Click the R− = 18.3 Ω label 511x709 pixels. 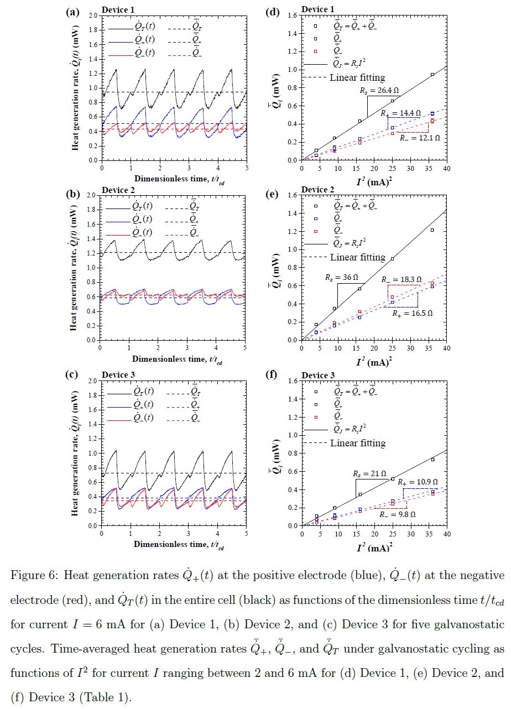[401, 280]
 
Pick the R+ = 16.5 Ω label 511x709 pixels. [412, 312]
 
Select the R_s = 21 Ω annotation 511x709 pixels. [369, 474]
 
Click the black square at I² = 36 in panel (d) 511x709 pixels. [432, 74]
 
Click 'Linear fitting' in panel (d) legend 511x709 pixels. [357, 77]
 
